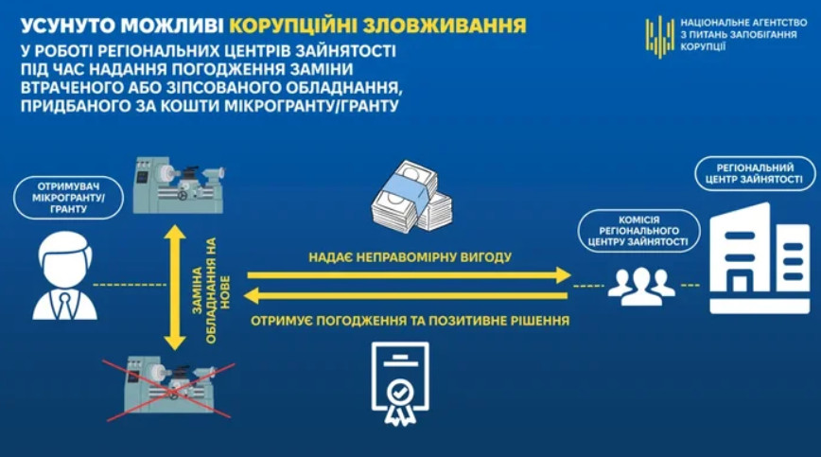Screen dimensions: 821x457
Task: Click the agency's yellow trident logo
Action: (x=660, y=36)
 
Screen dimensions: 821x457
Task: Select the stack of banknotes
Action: (x=412, y=197)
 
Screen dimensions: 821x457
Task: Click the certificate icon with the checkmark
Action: (x=400, y=382)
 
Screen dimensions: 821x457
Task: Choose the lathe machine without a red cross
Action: (x=179, y=185)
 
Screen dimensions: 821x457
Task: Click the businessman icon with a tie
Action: (x=65, y=276)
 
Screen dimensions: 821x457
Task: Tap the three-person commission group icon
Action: (x=641, y=287)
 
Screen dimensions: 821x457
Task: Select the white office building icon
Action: (x=760, y=258)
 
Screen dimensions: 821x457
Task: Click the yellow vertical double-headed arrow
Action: (x=175, y=288)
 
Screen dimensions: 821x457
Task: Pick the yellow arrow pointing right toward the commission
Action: (x=409, y=274)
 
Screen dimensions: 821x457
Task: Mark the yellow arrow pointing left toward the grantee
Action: (x=406, y=296)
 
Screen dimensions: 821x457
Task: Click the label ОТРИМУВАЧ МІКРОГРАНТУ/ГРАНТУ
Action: (x=69, y=198)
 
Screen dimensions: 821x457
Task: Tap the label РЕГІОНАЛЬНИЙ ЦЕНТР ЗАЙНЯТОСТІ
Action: (x=755, y=173)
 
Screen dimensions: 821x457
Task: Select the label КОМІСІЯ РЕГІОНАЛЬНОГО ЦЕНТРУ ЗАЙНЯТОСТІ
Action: (x=638, y=231)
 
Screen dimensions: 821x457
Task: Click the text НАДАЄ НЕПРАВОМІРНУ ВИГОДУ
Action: (x=410, y=257)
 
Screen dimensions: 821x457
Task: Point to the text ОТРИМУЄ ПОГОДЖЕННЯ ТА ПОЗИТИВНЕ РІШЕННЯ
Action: (x=410, y=321)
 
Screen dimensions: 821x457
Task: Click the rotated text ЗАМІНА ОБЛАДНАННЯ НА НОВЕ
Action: (x=211, y=290)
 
